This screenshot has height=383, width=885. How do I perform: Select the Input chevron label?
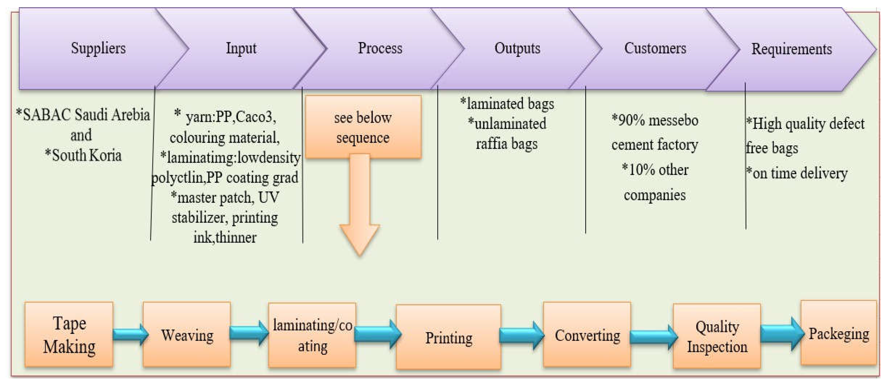tap(241, 48)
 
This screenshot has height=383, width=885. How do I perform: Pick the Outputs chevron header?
tap(517, 48)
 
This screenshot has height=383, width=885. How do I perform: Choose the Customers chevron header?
tap(655, 48)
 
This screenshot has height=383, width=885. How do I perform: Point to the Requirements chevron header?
tap(791, 49)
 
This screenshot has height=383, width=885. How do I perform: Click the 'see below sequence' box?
tap(363, 127)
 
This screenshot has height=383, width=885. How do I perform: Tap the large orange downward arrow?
tap(360, 206)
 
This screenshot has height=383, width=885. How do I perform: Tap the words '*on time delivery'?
tap(796, 173)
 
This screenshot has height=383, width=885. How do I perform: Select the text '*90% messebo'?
tap(655, 120)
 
